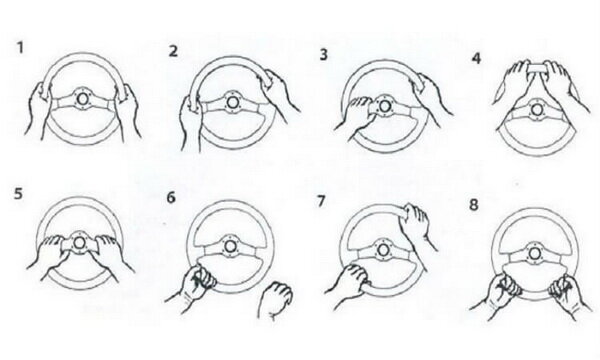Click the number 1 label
click(x=20, y=48)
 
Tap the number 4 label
click(x=476, y=59)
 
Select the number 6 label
click(x=171, y=198)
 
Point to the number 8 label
click(x=474, y=205)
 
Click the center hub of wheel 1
click(x=82, y=99)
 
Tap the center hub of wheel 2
click(x=231, y=103)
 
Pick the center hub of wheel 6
click(x=230, y=247)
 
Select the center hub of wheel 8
click(x=534, y=253)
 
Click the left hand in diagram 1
click(x=38, y=109)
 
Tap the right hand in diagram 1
click(x=128, y=111)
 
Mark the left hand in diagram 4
click(x=511, y=82)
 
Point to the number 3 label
click(x=324, y=55)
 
